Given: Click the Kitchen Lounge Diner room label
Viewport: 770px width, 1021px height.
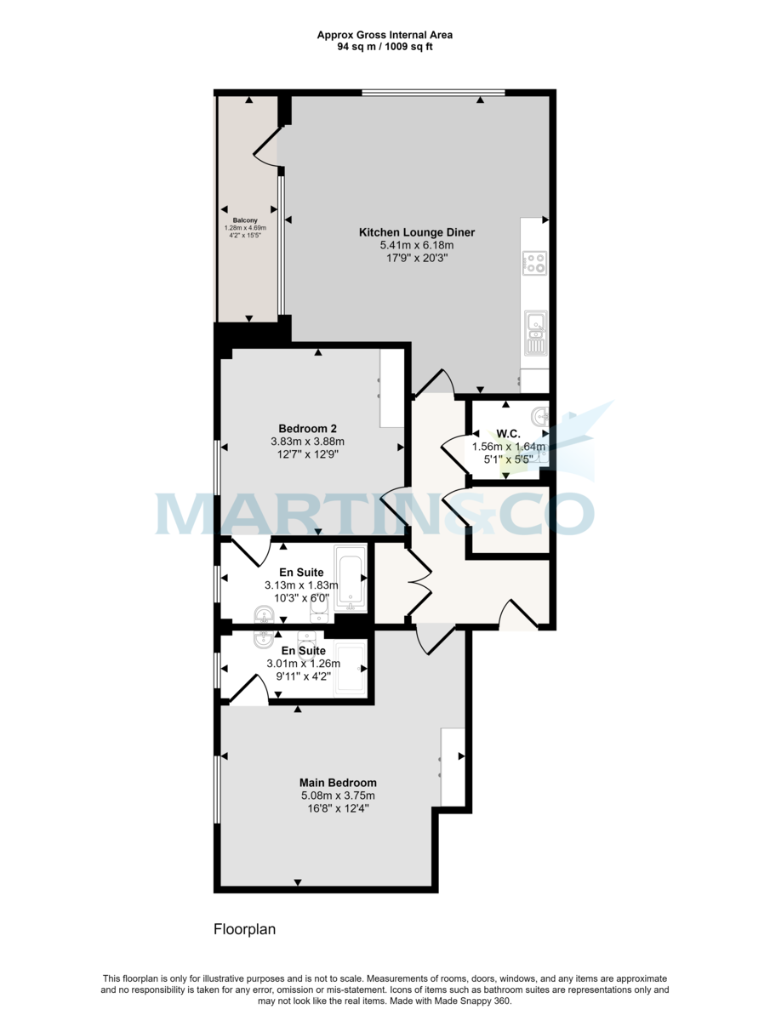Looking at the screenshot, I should pyautogui.click(x=416, y=232).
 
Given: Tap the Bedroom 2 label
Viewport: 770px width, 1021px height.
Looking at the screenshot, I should pyautogui.click(x=307, y=428).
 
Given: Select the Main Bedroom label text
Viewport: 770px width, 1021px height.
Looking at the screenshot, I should pyautogui.click(x=338, y=783).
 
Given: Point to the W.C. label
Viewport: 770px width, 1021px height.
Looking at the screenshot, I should pyautogui.click(x=508, y=431).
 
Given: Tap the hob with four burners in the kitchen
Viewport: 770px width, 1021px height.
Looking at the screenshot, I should pyautogui.click(x=534, y=264).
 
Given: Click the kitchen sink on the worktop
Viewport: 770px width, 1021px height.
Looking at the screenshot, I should pyautogui.click(x=535, y=322).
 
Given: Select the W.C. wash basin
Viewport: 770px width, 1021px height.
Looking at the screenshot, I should pyautogui.click(x=539, y=417).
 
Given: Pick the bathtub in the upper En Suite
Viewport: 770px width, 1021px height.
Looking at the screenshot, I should pyautogui.click(x=350, y=579).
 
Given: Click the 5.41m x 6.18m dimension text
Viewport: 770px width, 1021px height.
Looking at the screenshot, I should pyautogui.click(x=416, y=245).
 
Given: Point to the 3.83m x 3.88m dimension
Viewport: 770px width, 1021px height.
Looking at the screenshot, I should pyautogui.click(x=307, y=442).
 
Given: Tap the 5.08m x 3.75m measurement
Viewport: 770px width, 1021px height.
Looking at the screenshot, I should pyautogui.click(x=338, y=796).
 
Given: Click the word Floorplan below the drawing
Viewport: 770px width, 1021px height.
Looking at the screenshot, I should pyautogui.click(x=244, y=930).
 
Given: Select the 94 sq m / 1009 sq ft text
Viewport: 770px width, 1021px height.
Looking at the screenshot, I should pyautogui.click(x=385, y=47).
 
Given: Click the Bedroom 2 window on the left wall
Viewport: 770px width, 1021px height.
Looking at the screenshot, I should pyautogui.click(x=219, y=467).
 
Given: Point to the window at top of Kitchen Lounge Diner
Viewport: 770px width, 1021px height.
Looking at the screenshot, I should pyautogui.click(x=433, y=93).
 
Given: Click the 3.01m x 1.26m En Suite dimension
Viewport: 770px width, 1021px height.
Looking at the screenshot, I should pyautogui.click(x=304, y=665).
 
